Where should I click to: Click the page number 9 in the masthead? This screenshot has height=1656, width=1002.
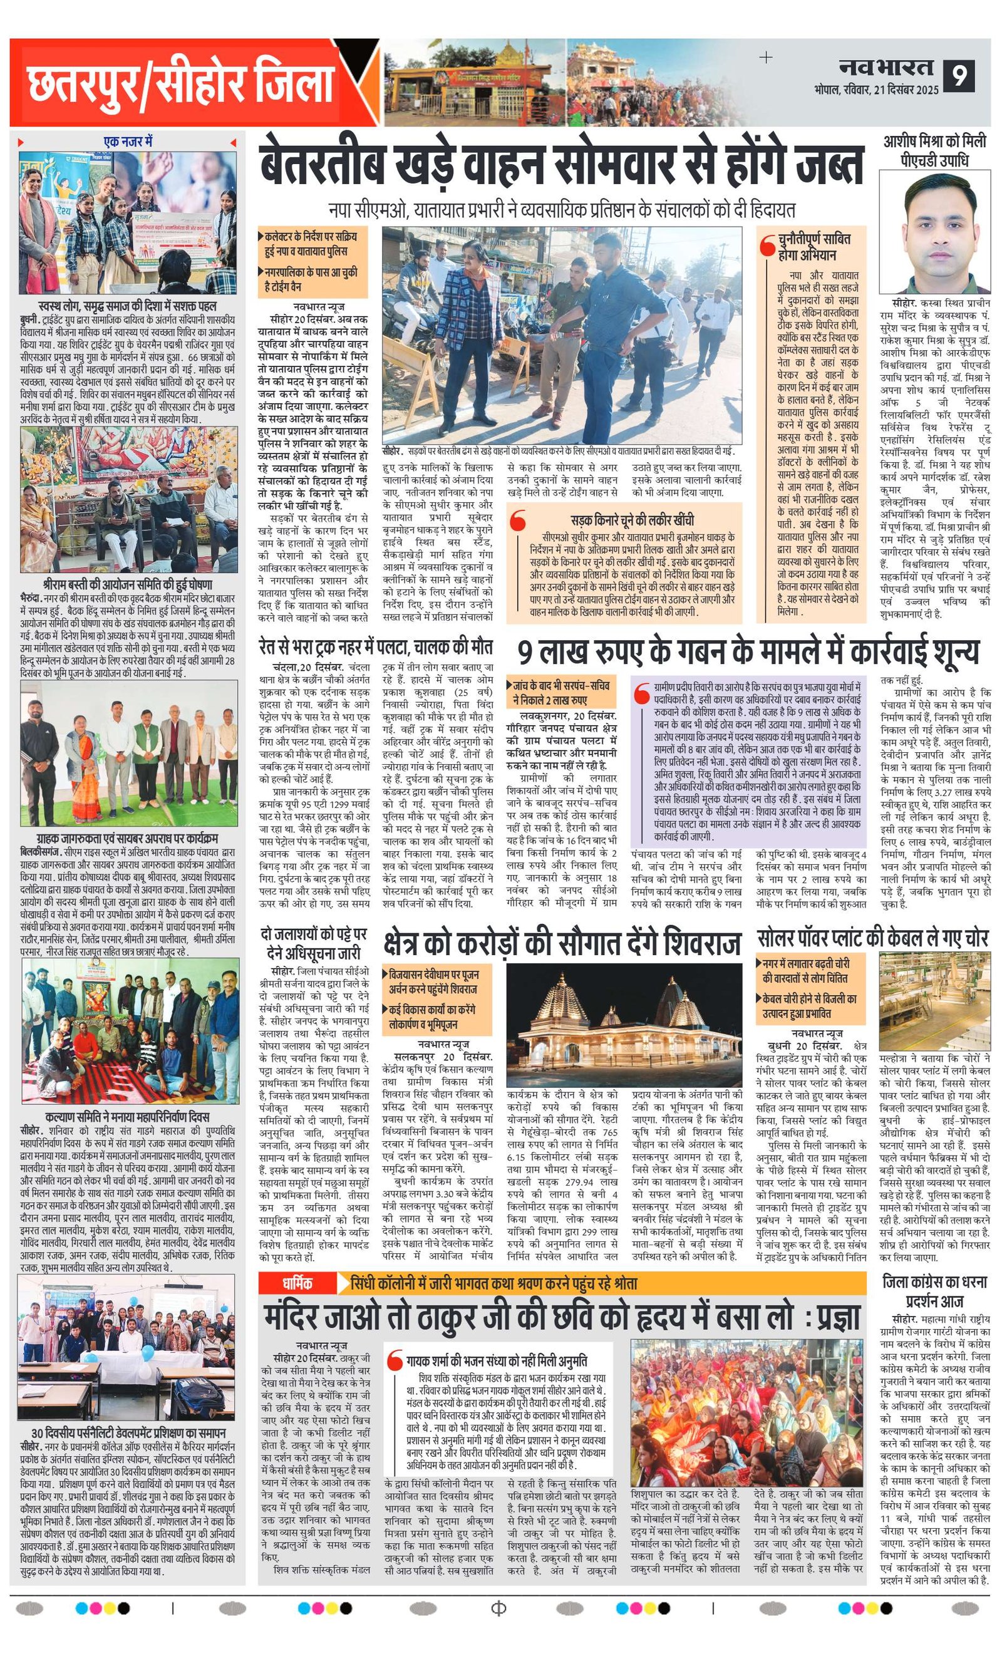pyautogui.click(x=959, y=76)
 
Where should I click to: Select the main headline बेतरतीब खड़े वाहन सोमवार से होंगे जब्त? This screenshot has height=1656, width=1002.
pyautogui.click(x=562, y=164)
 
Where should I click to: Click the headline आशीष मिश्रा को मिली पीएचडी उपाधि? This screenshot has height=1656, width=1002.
pyautogui.click(x=934, y=150)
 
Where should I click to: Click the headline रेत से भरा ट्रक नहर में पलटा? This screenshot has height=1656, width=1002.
pyautogui.click(x=376, y=646)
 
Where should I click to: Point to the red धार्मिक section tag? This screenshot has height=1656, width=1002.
pyautogui.click(x=297, y=1283)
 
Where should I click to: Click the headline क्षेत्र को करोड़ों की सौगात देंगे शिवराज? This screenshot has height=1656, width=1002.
pyautogui.click(x=562, y=942)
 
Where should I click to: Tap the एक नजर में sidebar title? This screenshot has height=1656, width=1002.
pyautogui.click(x=128, y=142)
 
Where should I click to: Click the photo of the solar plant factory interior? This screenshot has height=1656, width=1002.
pyautogui.click(x=934, y=1001)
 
